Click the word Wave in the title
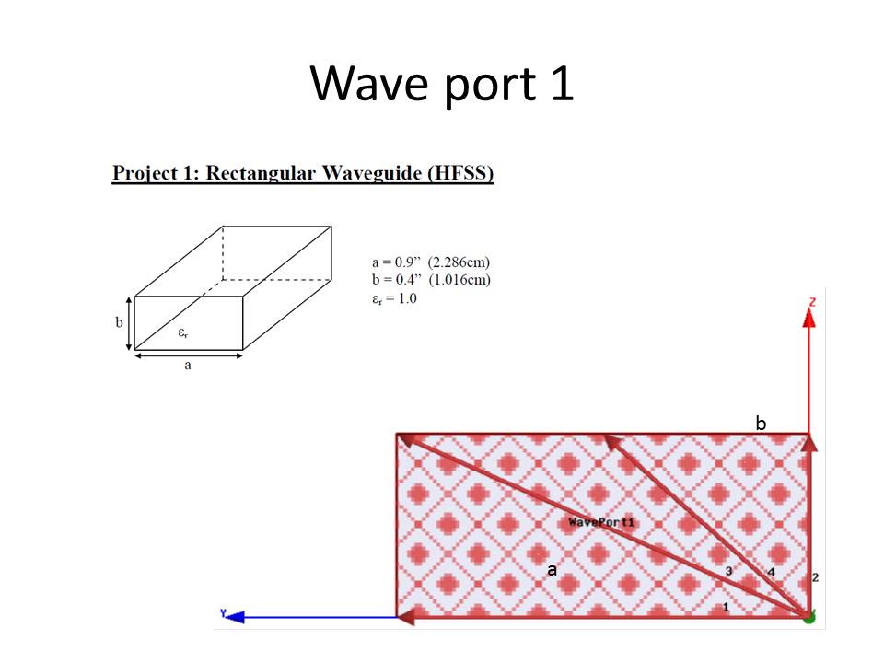point(370,84)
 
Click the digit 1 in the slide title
point(562,84)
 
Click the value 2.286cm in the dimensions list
point(459,262)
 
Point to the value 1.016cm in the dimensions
point(459,280)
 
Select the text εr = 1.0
point(394,298)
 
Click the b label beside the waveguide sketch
point(119,322)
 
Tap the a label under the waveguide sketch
point(188,366)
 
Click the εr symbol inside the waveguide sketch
point(183,332)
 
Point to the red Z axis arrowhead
point(809,318)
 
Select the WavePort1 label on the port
point(601,522)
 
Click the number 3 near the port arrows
point(729,571)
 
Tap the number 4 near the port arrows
point(772,572)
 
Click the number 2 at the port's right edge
point(815,577)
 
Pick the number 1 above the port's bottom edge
point(727,607)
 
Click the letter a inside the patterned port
point(552,570)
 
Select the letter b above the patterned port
point(762,423)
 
